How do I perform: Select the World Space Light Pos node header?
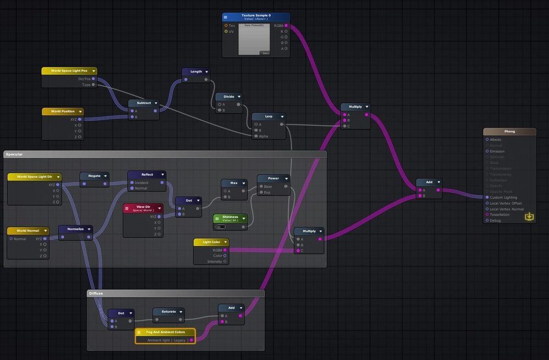[x=69, y=71]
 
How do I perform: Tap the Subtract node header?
[x=144, y=103]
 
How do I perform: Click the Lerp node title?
[x=268, y=116]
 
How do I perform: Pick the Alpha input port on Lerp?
[x=256, y=136]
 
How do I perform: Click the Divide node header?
[x=229, y=97]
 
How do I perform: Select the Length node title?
[x=196, y=71]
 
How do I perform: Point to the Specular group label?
[x=15, y=155]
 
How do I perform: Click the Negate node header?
[x=94, y=176]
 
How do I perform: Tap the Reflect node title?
[x=147, y=175]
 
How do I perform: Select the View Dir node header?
[x=143, y=208]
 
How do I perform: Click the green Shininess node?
[x=230, y=218]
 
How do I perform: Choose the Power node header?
[x=273, y=178]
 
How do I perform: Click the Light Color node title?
[x=211, y=242]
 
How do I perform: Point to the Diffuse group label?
[x=97, y=294]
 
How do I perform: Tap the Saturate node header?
[x=169, y=311]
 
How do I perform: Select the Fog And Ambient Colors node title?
[x=165, y=332]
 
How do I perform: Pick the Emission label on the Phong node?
[x=497, y=151]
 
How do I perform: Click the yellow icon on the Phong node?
[x=529, y=217]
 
